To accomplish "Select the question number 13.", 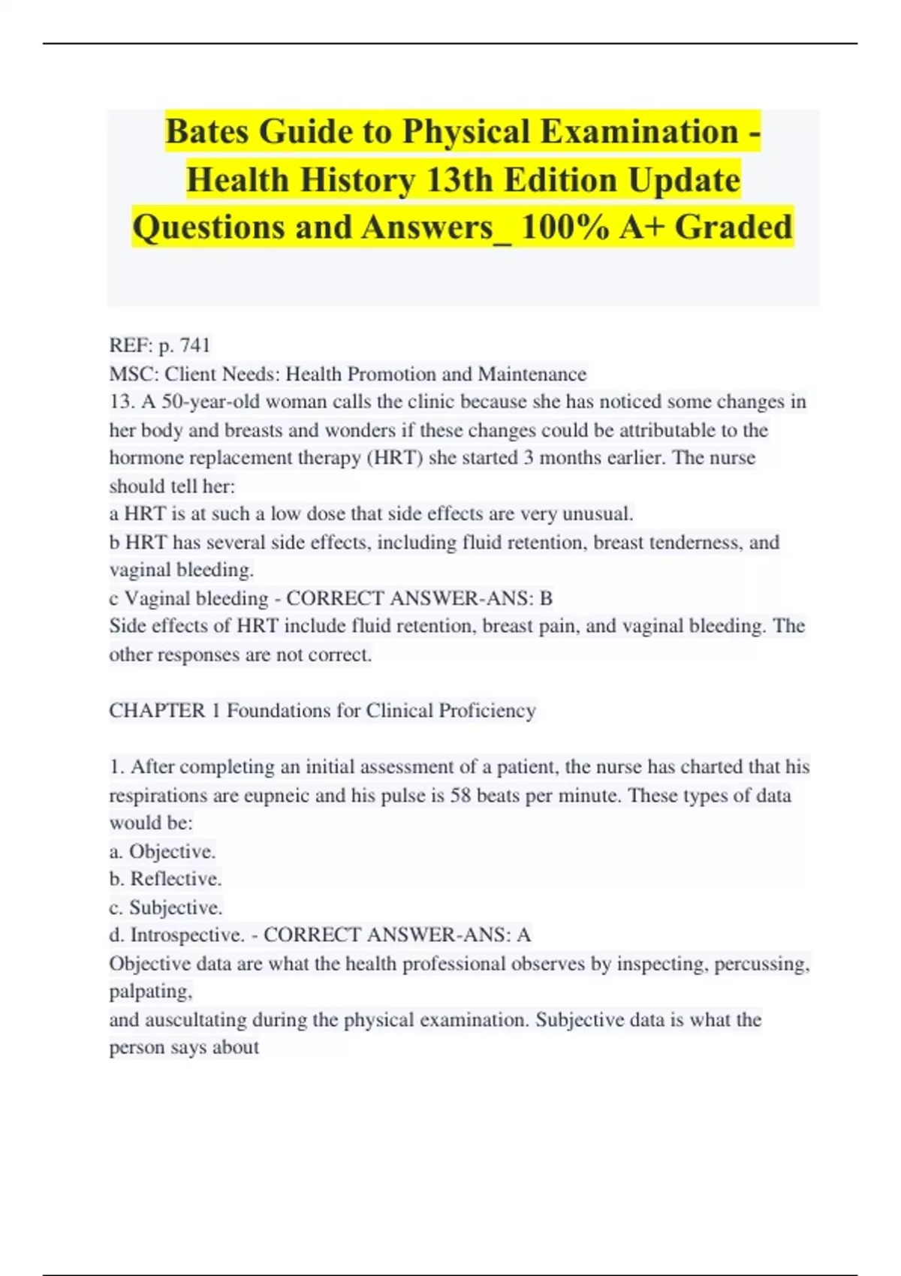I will (121, 402).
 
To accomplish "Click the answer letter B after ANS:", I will (546, 598).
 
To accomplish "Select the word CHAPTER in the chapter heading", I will (156, 711).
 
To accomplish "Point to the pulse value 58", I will (460, 796).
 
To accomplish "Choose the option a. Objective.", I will (162, 851).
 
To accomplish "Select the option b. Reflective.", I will (165, 879).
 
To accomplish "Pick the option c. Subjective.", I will (165, 907).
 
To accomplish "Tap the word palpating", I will (150, 992).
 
